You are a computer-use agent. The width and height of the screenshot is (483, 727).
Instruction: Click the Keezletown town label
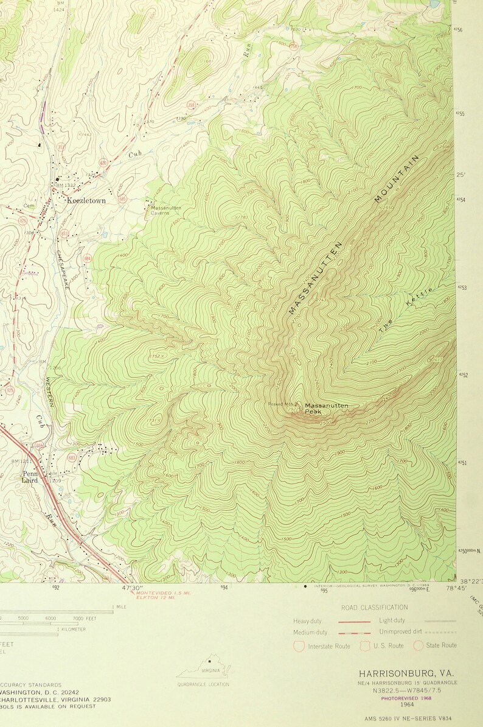86,200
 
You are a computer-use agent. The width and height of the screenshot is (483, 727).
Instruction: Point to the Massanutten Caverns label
165,211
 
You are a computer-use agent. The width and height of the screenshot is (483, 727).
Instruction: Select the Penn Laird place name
30,477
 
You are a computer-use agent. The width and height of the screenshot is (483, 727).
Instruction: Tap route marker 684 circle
88,259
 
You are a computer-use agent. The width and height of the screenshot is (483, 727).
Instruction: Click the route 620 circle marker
103,163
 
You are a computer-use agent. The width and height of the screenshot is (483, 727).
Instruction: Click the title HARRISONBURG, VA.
406,673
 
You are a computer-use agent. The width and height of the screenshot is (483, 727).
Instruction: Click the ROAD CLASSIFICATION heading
374,607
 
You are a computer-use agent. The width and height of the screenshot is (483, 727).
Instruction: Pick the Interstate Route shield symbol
299,645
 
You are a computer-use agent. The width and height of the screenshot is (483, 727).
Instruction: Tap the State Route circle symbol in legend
418,645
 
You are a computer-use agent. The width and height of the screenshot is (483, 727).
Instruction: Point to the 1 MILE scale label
119,607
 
